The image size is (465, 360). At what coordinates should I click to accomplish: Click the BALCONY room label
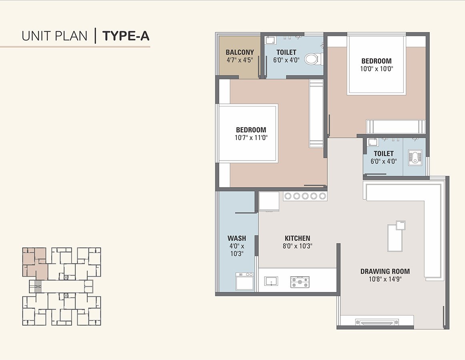click(x=239, y=52)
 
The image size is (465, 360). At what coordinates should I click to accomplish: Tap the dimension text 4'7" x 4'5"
click(x=239, y=60)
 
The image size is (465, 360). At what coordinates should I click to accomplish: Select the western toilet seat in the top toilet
click(x=312, y=59)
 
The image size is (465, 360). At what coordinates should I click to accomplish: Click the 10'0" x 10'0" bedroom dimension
click(x=376, y=68)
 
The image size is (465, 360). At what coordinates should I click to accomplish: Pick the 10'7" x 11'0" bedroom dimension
click(x=251, y=137)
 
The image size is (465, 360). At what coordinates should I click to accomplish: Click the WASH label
click(x=237, y=238)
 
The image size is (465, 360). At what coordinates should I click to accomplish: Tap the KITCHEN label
click(x=297, y=238)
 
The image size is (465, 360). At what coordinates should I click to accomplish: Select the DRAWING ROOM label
click(x=385, y=271)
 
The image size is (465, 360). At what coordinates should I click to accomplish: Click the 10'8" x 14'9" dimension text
click(x=385, y=279)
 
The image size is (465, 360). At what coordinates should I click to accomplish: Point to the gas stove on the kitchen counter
click(x=300, y=282)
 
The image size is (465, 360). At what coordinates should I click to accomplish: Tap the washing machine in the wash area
click(x=245, y=281)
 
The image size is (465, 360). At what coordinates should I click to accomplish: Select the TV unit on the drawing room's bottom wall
click(x=377, y=322)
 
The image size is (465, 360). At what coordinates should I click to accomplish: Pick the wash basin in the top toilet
click(x=271, y=40)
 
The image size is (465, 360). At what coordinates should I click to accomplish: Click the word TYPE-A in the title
click(x=126, y=36)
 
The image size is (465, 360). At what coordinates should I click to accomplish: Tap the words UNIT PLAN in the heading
click(x=54, y=36)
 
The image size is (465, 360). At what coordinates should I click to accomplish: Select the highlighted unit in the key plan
click(x=34, y=262)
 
